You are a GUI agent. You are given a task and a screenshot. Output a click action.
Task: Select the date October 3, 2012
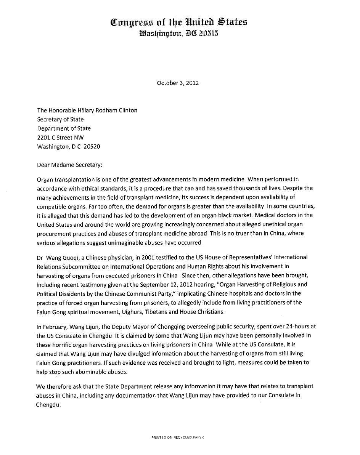coord(178,83)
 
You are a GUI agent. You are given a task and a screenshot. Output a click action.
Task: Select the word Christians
coord(210,312)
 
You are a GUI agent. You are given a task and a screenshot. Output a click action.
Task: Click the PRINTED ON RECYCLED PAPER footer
coord(178,437)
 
